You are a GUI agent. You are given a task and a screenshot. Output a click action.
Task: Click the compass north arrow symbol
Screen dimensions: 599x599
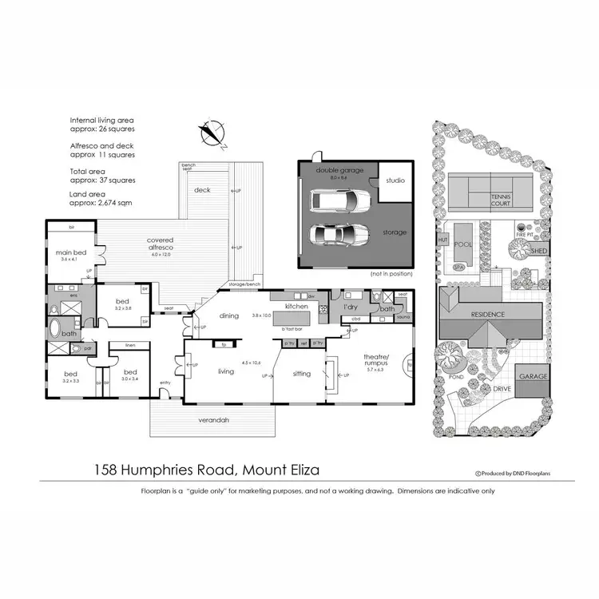tap(212, 134)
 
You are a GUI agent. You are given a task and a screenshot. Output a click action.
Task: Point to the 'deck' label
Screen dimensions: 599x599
tap(203, 190)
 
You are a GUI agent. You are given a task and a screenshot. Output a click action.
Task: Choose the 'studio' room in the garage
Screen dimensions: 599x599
tap(395, 180)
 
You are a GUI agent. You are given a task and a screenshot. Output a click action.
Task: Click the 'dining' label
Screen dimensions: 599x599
tap(229, 315)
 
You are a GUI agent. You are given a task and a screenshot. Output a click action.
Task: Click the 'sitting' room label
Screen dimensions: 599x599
tap(301, 372)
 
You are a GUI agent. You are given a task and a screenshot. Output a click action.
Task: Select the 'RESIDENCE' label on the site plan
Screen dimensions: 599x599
tap(488, 314)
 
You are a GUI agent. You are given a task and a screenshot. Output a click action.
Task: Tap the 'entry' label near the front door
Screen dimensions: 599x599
tap(165, 383)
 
